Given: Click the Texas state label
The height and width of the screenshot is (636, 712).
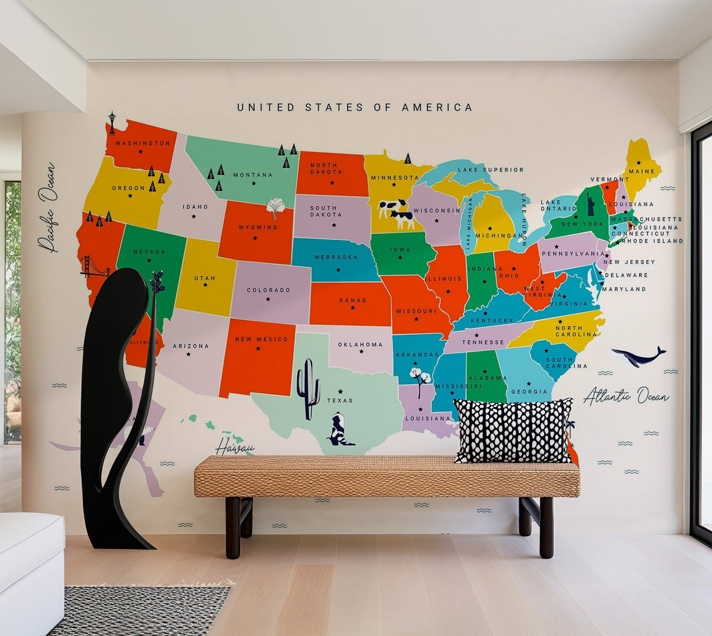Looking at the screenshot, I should coord(340,400).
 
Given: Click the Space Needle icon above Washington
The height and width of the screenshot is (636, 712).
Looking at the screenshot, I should coord(112,123).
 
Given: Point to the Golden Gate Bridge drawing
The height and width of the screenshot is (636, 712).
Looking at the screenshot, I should coord(95,268).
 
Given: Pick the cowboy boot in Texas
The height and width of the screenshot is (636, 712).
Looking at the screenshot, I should coord(340,431).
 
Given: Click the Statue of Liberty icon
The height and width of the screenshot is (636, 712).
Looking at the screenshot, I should coord(591,204).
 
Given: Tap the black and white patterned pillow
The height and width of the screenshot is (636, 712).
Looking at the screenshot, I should coord(513,430).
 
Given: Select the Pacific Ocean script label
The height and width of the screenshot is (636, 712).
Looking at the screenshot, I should coord(47,207).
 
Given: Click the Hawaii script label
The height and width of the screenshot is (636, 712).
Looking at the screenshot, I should coord(234,447).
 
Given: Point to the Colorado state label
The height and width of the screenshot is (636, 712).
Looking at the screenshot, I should coord(268,290).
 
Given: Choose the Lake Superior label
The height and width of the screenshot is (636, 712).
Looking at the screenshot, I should coord(491,170).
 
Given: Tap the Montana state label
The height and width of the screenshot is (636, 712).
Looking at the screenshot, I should coord(253,175).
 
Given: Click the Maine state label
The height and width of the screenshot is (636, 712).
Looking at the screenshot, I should coord(641,172).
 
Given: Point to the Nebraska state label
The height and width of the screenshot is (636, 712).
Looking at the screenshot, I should coord(336,257).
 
